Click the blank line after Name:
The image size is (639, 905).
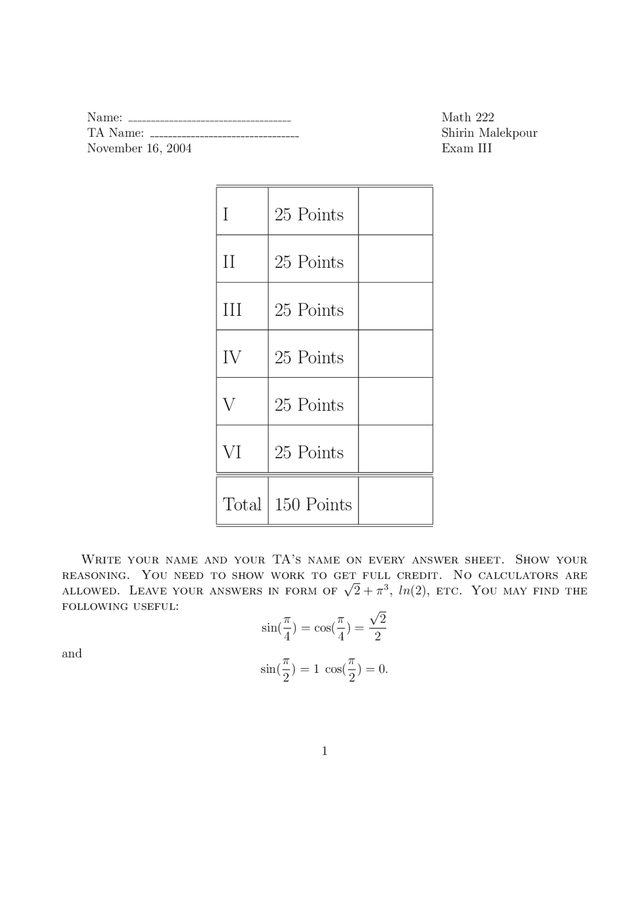(210, 120)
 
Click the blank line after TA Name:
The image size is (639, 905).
(224, 136)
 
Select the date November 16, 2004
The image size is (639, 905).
(139, 148)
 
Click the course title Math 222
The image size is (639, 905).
(468, 117)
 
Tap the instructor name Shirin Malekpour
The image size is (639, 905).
(489, 133)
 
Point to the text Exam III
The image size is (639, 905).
(466, 148)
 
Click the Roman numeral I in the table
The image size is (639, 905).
(226, 214)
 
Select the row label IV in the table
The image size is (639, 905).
(232, 357)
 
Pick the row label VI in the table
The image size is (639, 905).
(232, 452)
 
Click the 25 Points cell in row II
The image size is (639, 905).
(309, 262)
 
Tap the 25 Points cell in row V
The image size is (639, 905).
(309, 405)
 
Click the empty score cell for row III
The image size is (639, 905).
(395, 306)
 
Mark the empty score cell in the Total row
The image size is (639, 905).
(395, 501)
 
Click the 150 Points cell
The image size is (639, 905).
(313, 504)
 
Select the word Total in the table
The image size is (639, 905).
(242, 504)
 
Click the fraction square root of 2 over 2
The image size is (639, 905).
(377, 628)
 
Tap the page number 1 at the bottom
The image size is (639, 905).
(324, 751)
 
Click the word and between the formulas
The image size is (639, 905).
(72, 654)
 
